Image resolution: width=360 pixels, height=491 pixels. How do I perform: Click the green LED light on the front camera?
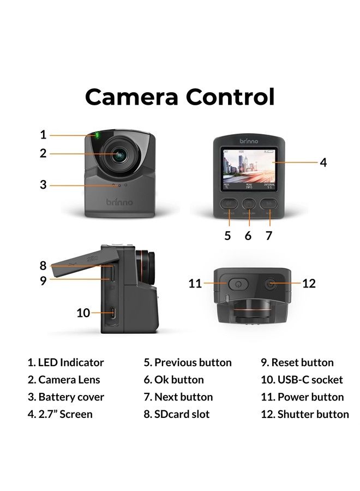[x=97, y=135]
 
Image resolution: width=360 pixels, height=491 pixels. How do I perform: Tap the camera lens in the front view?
[x=118, y=154]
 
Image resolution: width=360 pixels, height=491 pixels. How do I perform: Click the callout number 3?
[x=43, y=185]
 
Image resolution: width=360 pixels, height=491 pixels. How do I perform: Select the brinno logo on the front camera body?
[x=119, y=202]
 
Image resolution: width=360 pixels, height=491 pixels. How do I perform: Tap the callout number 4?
[x=323, y=163]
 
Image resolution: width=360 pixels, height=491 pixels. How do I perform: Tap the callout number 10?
[x=83, y=313]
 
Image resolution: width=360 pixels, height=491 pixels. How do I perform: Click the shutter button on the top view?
[x=271, y=284]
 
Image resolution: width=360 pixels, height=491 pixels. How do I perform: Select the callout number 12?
[x=309, y=283]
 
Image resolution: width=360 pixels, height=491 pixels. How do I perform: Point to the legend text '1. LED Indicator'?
[x=65, y=362]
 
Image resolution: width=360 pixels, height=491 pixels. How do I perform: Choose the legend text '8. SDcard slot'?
[x=177, y=414]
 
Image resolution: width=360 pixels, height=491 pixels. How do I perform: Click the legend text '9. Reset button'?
[x=297, y=362]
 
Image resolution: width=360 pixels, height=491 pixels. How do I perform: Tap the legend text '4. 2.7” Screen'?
[x=61, y=414]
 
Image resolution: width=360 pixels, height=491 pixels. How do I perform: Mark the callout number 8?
[x=43, y=266]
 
